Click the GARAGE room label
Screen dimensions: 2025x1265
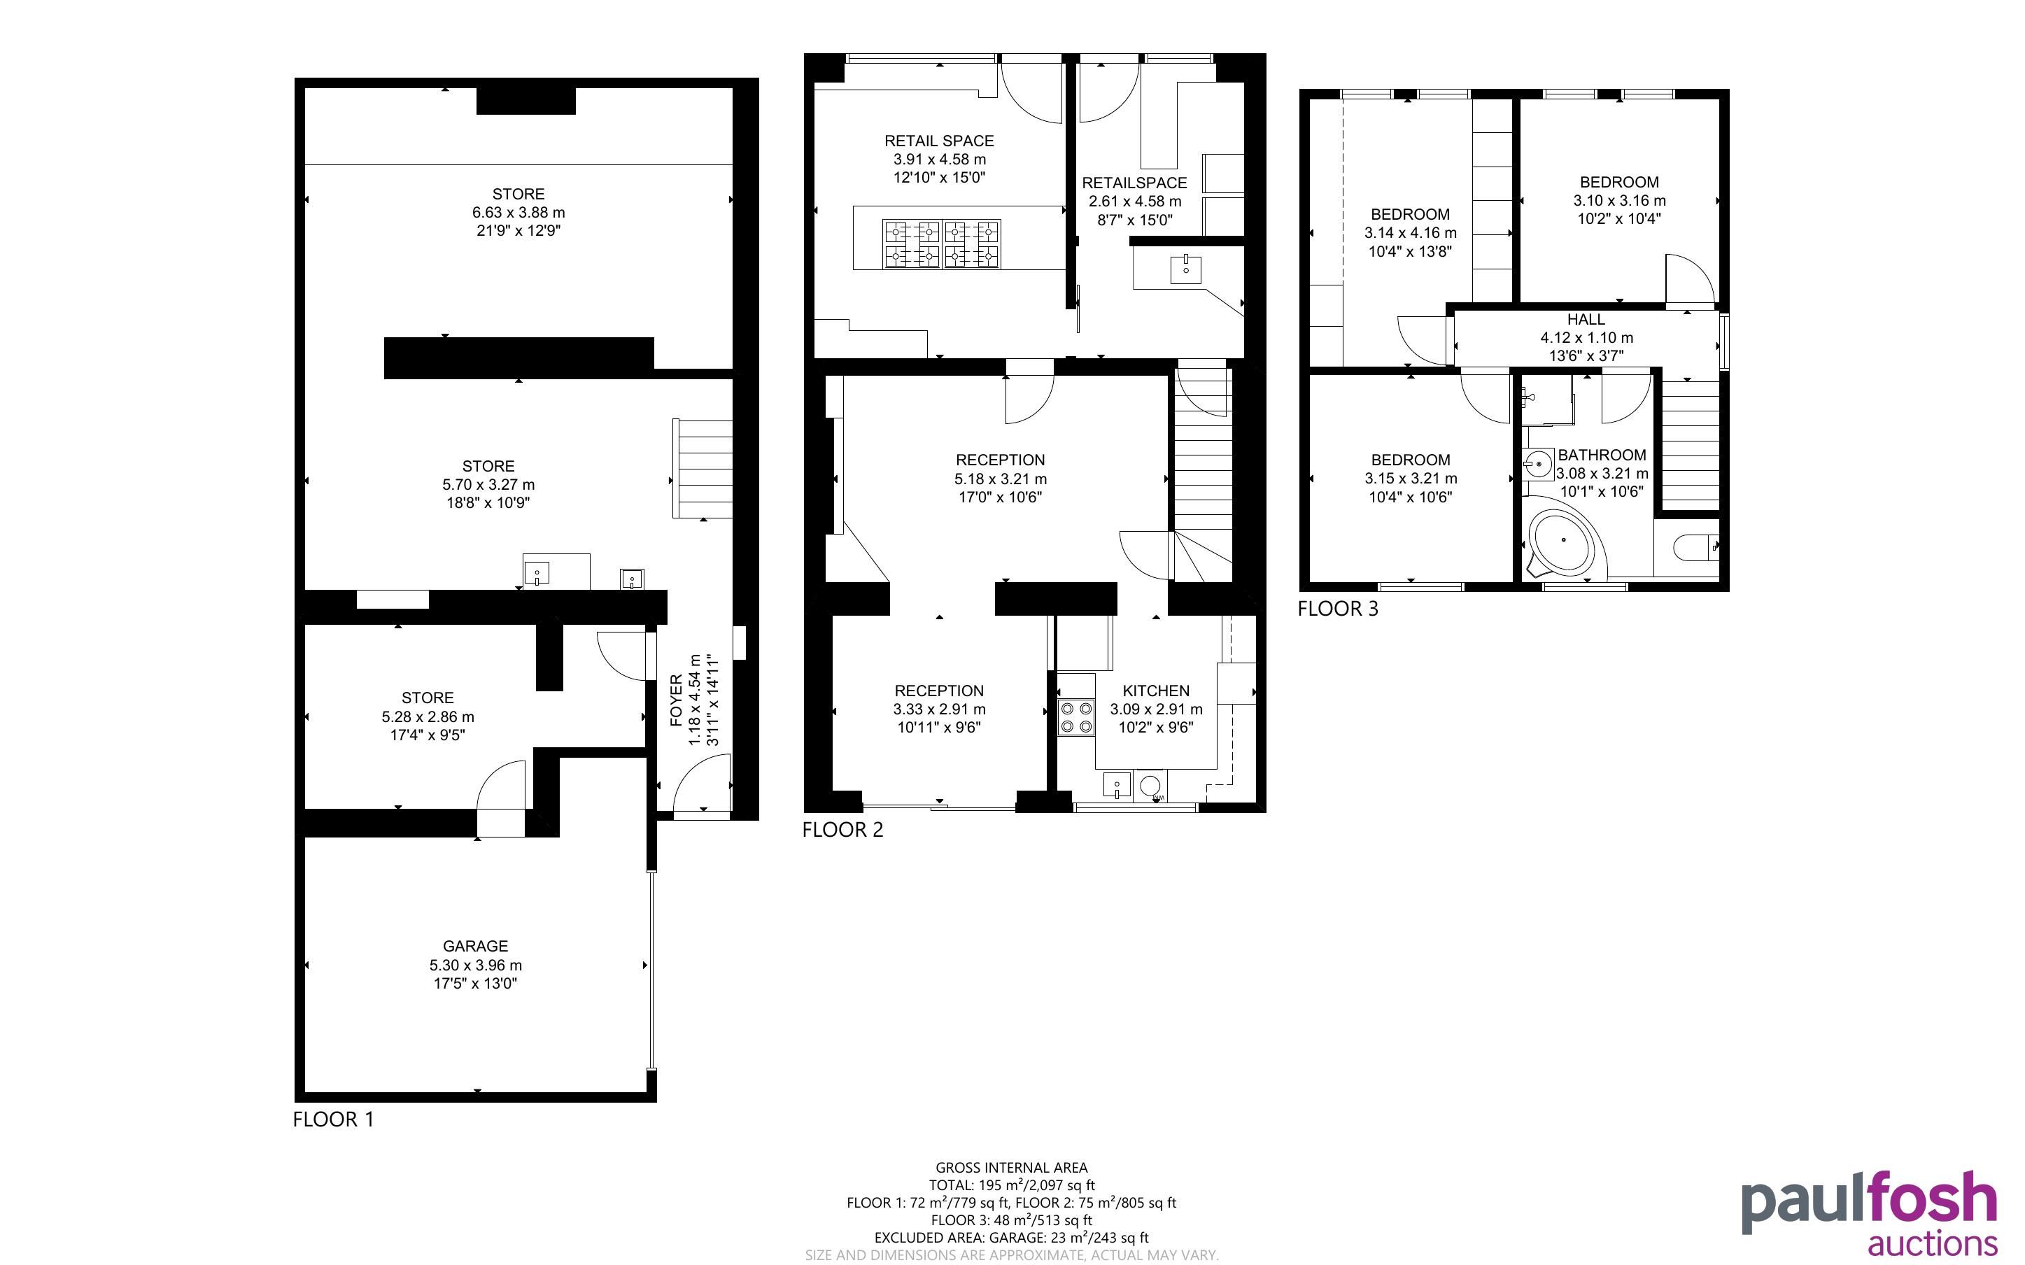tap(475, 946)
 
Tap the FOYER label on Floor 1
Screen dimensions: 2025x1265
tap(677, 700)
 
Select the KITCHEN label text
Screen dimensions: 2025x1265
tap(1156, 691)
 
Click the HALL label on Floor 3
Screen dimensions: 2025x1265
tap(1586, 320)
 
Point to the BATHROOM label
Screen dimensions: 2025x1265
tap(1602, 455)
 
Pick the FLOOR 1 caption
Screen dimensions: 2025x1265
tap(333, 1119)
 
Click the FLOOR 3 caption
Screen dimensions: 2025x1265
tap(1337, 609)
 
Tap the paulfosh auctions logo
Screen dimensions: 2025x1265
tap(1870, 1213)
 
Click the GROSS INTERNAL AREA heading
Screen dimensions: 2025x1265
tap(1011, 1168)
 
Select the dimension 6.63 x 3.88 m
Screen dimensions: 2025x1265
tap(518, 213)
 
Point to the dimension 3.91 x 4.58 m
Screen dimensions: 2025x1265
tap(939, 159)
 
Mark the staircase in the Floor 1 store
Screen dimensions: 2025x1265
tap(703, 469)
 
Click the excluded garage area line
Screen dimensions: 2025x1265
tap(1011, 1238)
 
